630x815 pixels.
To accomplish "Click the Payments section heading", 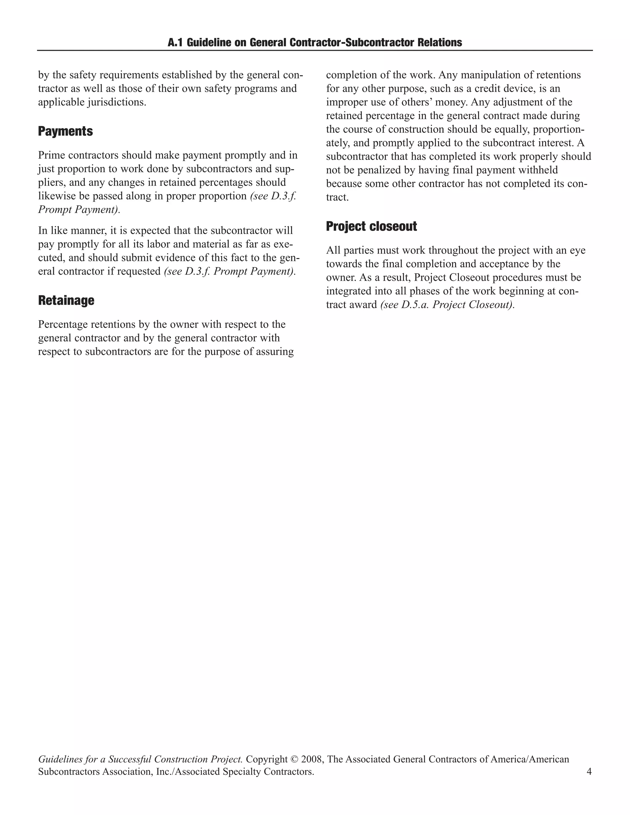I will [65, 131].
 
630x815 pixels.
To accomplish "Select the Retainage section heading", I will [66, 300].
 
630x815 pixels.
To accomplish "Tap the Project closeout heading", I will [371, 226].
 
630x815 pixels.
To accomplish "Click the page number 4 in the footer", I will [589, 771].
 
